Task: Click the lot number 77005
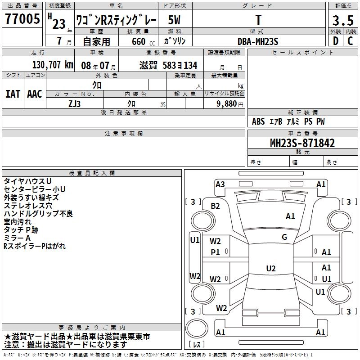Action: point(22,20)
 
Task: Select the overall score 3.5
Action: point(343,20)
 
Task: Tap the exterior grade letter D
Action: point(335,41)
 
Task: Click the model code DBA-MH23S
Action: point(258,41)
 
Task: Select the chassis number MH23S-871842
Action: point(302,143)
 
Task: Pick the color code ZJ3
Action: point(75,103)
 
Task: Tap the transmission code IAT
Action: point(13,94)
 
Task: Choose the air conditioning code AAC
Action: point(35,94)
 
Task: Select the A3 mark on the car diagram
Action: point(220,184)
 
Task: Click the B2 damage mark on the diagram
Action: point(216,206)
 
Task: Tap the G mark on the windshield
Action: point(284,237)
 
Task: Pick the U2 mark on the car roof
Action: point(270,269)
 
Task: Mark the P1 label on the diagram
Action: point(216,252)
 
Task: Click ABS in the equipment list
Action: point(258,121)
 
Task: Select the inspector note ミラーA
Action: point(17,238)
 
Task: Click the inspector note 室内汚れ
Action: point(18,222)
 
